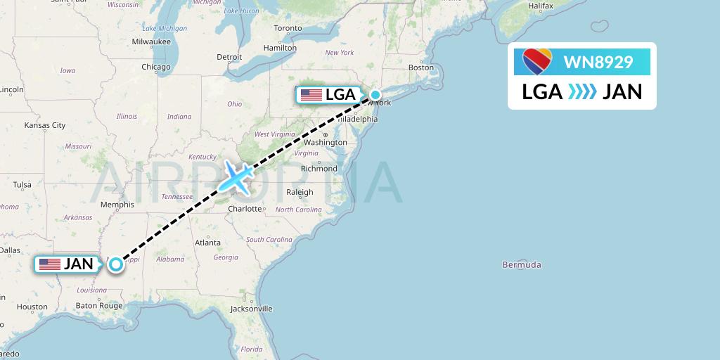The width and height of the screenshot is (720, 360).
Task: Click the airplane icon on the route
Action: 236,177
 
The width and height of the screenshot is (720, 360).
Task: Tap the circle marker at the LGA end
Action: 375,95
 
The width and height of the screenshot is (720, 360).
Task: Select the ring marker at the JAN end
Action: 115,264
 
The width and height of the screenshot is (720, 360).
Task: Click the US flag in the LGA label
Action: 310,95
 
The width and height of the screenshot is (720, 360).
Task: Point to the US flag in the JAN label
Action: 49,264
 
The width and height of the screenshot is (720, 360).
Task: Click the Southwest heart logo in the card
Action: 538,61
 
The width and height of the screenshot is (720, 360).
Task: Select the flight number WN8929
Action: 598,62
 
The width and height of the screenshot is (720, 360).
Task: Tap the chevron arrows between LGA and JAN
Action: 582,91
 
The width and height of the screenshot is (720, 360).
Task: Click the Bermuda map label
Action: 522,265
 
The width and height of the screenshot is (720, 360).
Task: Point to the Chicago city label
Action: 155,67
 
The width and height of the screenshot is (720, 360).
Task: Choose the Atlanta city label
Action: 207,243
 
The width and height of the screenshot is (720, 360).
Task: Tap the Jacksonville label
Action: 251,309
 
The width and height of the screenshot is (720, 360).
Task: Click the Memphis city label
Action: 117,205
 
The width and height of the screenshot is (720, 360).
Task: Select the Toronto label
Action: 288,28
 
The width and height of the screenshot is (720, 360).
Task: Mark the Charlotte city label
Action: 245,209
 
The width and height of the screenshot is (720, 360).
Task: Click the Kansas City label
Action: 44,126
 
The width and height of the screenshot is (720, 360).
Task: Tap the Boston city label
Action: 421,67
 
